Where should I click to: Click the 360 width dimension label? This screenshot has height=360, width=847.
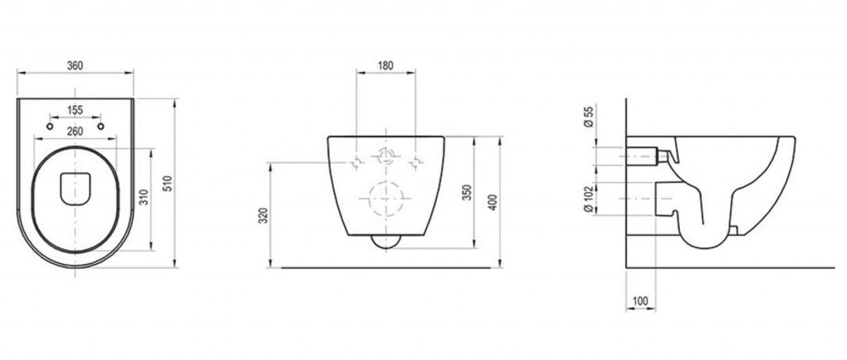[74, 65]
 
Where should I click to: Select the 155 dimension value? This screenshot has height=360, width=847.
[74, 110]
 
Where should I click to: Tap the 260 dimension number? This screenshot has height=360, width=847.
[74, 132]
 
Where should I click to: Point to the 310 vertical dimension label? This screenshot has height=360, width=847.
[144, 197]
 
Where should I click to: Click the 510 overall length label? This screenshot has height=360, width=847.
[167, 183]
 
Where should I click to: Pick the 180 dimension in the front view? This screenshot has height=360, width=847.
[385, 65]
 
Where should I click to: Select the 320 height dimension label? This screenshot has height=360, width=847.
[263, 216]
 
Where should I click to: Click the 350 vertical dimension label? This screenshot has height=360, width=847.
[468, 193]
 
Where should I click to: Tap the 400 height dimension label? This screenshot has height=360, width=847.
[492, 202]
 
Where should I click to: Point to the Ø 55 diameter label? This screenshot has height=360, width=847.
[589, 117]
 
